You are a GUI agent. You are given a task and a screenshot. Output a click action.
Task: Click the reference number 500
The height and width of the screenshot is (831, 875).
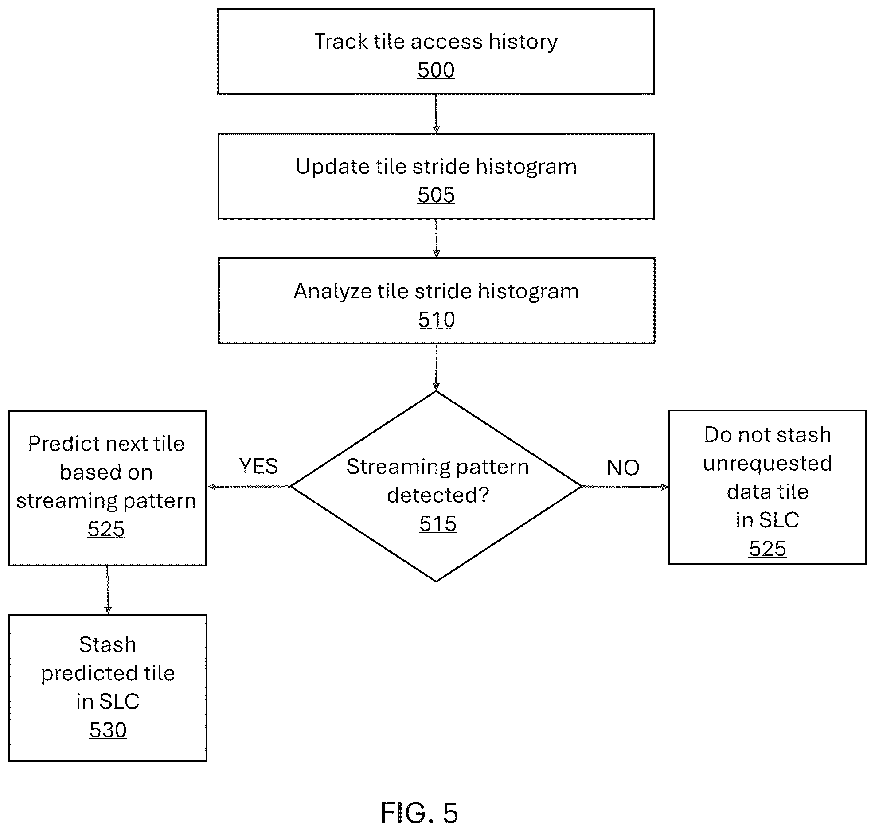click(x=436, y=70)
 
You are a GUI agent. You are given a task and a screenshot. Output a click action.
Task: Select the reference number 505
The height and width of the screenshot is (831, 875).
click(x=436, y=195)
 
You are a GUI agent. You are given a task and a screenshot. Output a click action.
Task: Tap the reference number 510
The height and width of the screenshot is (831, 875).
click(x=437, y=320)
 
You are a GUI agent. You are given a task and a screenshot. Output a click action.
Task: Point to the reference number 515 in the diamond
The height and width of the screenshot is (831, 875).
click(x=438, y=523)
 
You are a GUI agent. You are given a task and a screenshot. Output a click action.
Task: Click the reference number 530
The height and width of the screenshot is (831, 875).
click(x=108, y=730)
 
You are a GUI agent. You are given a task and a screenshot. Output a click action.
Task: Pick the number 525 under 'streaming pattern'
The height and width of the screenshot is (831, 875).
click(x=106, y=529)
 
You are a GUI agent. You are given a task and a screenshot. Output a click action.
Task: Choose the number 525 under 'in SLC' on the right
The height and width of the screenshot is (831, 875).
click(x=768, y=549)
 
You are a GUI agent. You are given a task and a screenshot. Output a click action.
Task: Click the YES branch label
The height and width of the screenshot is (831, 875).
click(x=258, y=466)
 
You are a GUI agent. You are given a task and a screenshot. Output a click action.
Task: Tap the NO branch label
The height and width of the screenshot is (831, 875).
click(x=623, y=468)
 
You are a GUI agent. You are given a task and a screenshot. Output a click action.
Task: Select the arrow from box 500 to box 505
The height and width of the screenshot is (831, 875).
click(x=436, y=113)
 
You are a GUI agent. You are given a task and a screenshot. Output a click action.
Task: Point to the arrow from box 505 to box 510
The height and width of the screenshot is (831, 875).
click(x=437, y=238)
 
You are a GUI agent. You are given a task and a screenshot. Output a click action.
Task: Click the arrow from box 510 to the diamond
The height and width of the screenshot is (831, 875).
click(x=437, y=367)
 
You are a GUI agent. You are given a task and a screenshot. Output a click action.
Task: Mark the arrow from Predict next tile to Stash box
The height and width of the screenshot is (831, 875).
click(x=108, y=590)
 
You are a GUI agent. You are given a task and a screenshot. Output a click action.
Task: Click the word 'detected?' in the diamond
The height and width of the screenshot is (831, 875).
click(x=438, y=495)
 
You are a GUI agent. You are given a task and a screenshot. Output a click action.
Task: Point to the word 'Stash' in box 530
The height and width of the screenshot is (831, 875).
click(x=108, y=645)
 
